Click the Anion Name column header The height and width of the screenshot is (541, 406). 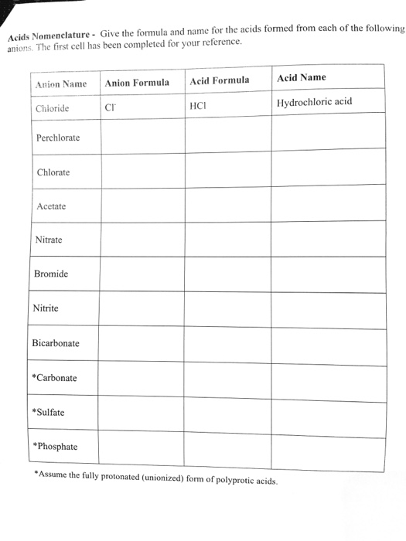[61, 83]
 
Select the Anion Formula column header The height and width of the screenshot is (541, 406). [137, 82]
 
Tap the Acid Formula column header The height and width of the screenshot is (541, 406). [220, 80]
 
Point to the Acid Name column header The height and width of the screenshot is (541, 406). [302, 77]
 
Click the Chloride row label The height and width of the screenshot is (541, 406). [53, 108]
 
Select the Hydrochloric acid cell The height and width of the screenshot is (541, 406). [314, 102]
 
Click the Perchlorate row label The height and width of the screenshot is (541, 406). [58, 138]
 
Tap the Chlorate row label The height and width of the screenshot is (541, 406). [53, 172]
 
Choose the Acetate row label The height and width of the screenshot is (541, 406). [52, 206]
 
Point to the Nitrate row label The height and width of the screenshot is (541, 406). [49, 240]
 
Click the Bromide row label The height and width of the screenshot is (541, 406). [51, 274]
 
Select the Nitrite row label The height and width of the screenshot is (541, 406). [46, 308]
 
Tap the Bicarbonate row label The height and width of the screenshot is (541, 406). [56, 343]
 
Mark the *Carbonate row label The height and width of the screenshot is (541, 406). [54, 378]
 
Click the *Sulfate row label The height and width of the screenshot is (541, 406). [49, 412]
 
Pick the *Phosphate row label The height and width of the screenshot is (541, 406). [55, 446]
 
